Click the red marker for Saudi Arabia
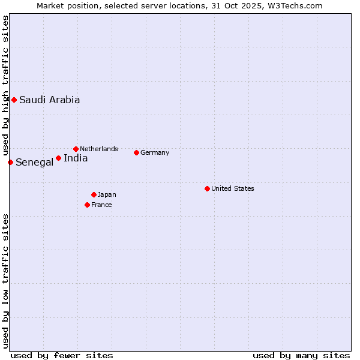tap(14, 100)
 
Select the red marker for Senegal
tap(10, 162)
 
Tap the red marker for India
tap(58, 158)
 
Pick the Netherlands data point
tap(76, 149)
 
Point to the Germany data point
tap(136, 152)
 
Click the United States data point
tap(207, 188)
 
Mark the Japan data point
tap(94, 194)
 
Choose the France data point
tap(87, 205)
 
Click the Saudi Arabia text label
tap(49, 100)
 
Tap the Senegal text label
tap(34, 163)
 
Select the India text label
tap(76, 158)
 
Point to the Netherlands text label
tap(99, 149)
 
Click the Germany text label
tap(155, 152)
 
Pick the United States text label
tap(233, 188)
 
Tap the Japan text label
tap(107, 194)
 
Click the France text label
tap(101, 205)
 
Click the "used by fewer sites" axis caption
tap(62, 355)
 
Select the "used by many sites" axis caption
tap(301, 355)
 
